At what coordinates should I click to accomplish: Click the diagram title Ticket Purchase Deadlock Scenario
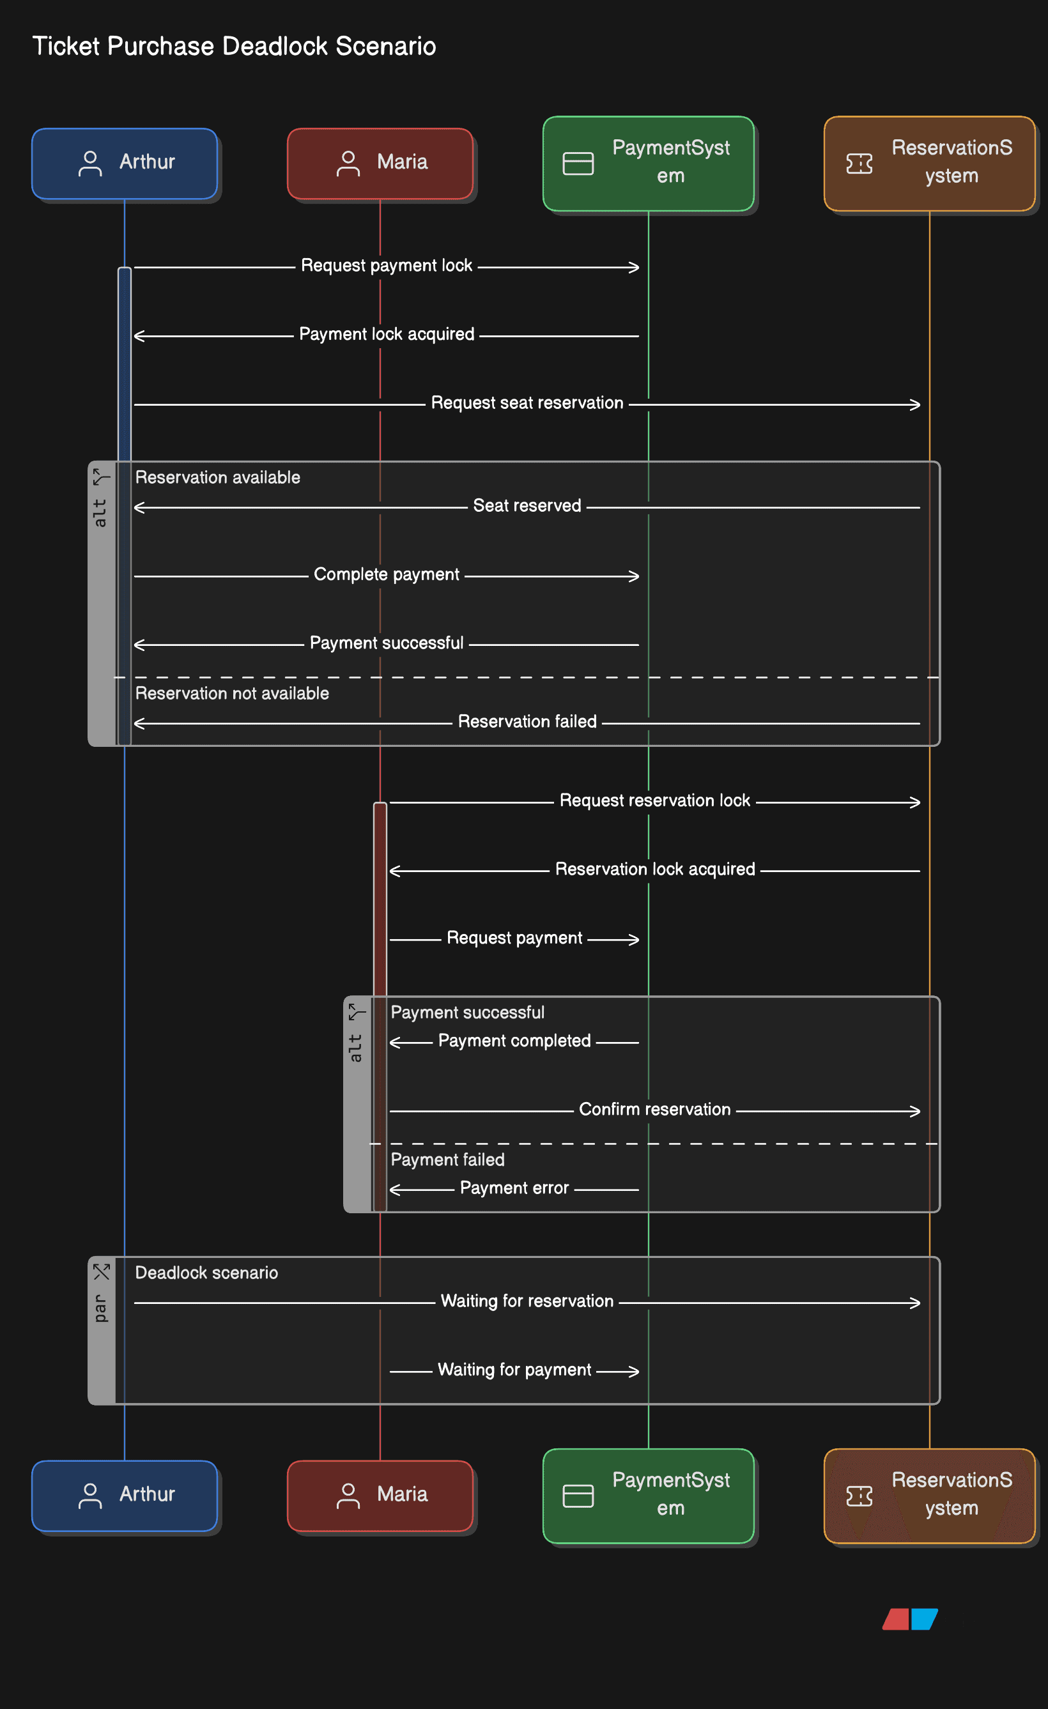pyautogui.click(x=234, y=47)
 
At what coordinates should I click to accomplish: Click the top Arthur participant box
pyautogui.click(x=125, y=163)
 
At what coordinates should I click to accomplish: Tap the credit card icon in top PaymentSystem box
pyautogui.click(x=578, y=164)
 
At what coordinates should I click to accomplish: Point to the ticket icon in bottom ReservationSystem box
pyautogui.click(x=859, y=1496)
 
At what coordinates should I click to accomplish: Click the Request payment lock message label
pyautogui.click(x=387, y=266)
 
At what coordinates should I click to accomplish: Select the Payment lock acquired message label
pyautogui.click(x=387, y=334)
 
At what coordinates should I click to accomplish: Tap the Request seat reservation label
pyautogui.click(x=527, y=403)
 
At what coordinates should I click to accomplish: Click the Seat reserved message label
pyautogui.click(x=527, y=505)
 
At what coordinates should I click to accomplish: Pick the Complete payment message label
pyautogui.click(x=387, y=574)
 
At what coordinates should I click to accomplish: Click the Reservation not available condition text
pyautogui.click(x=232, y=693)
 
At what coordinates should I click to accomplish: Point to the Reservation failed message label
pyautogui.click(x=527, y=721)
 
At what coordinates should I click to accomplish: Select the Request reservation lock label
pyautogui.click(x=654, y=801)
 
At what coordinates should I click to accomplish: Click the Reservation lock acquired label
pyautogui.click(x=654, y=869)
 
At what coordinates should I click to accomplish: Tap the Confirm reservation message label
pyautogui.click(x=654, y=1109)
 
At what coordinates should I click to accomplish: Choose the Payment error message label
pyautogui.click(x=514, y=1188)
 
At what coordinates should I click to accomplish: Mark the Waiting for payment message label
pyautogui.click(x=514, y=1370)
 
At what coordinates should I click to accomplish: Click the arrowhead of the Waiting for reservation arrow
pyautogui.click(x=917, y=1303)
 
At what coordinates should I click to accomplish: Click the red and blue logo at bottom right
pyautogui.click(x=910, y=1619)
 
